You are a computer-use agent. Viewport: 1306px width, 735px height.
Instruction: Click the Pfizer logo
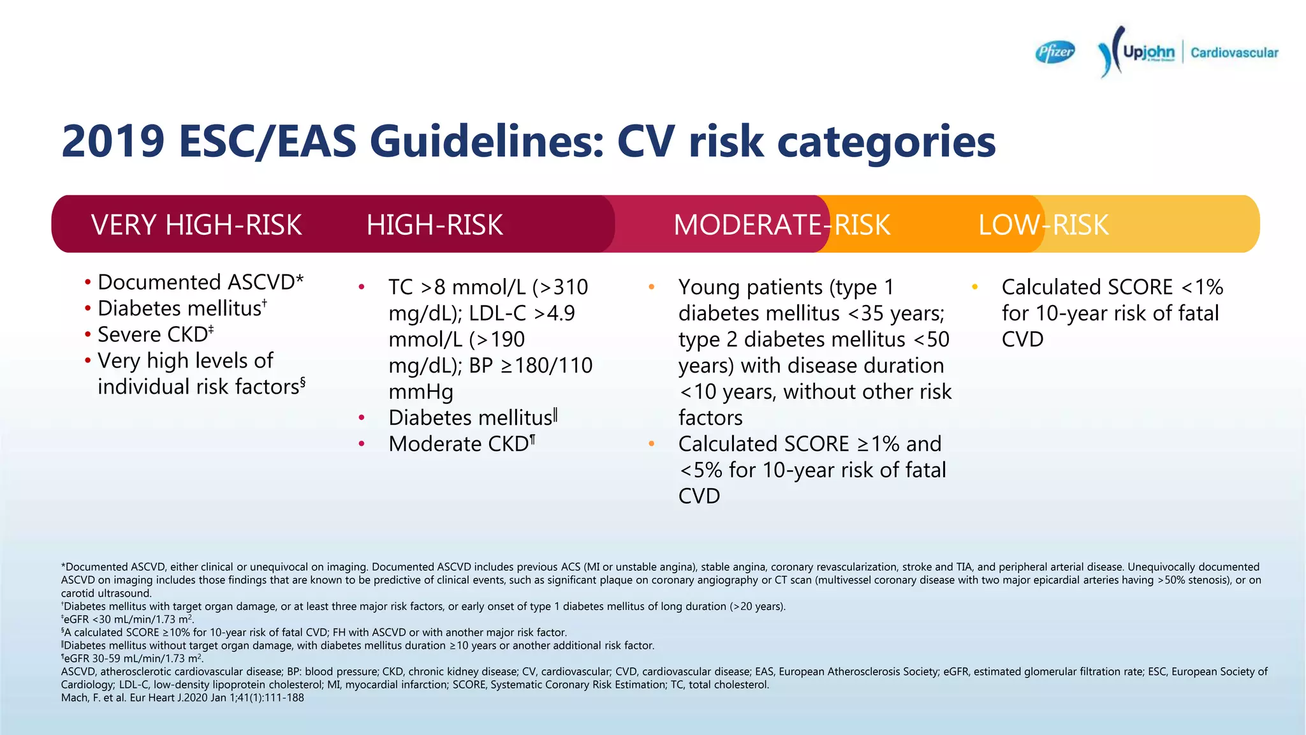[x=1055, y=52]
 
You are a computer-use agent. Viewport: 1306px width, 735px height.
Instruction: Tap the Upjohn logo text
[x=1148, y=52]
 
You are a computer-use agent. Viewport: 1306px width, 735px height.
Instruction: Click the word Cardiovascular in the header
[x=1234, y=53]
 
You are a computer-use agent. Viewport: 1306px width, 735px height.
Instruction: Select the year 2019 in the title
[x=113, y=141]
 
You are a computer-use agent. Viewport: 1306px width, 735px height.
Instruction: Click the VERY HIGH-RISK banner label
[x=196, y=225]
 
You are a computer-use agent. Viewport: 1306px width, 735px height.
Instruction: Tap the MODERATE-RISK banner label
[x=781, y=225]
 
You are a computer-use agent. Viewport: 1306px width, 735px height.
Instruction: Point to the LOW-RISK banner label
[x=1043, y=225]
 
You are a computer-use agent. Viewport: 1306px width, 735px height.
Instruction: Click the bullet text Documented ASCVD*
[x=200, y=282]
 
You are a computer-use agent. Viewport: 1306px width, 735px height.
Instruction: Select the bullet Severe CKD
[x=155, y=334]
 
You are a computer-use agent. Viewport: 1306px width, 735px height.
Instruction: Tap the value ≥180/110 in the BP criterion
[x=547, y=366]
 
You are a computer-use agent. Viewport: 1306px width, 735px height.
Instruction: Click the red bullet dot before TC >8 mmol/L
[x=362, y=288]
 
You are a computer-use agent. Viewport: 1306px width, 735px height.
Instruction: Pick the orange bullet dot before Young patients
[x=651, y=288]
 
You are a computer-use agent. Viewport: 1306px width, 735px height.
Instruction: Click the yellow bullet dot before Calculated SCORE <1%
[x=974, y=288]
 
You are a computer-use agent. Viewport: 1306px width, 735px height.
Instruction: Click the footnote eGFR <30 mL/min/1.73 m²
[x=128, y=619]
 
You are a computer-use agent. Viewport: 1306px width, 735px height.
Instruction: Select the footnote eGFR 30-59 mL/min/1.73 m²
[x=132, y=658]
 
